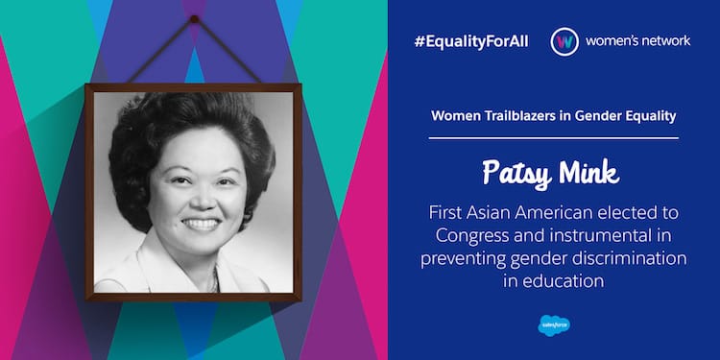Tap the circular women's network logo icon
pyautogui.click(x=564, y=42)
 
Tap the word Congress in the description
pyautogui.click(x=470, y=235)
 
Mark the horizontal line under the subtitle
pyautogui.click(x=553, y=137)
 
